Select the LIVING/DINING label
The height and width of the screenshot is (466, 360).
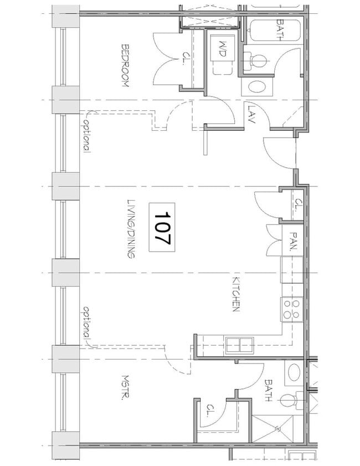coord(131,229)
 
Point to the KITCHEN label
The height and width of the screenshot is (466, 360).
coord(235,294)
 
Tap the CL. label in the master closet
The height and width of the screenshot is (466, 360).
coord(211,411)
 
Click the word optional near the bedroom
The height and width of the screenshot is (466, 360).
coord(86,136)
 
